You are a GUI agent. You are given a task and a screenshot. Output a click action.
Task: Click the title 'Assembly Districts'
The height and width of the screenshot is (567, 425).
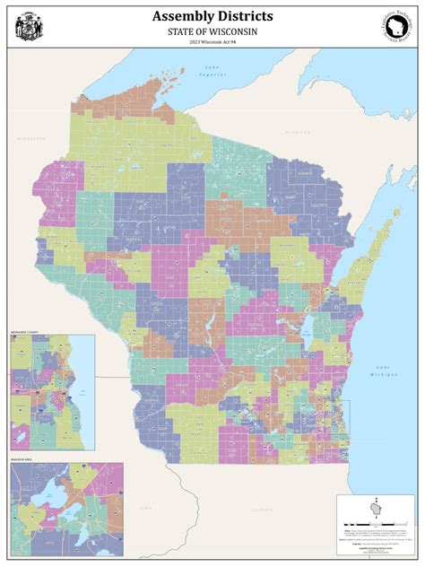coord(212,16)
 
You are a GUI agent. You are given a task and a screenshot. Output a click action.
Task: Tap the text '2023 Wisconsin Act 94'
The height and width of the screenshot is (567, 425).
coord(212,41)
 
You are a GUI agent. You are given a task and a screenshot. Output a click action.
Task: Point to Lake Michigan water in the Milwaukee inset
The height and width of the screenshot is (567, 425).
coord(86,395)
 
